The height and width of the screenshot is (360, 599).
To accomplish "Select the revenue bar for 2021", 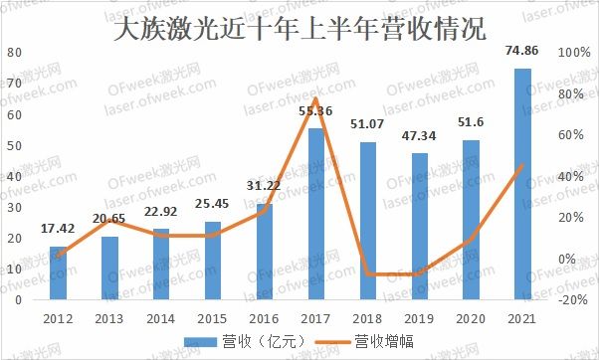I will point(522,183).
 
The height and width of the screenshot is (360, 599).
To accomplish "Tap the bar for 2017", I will point(315,213).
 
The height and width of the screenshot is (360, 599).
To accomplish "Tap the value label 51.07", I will point(368,124).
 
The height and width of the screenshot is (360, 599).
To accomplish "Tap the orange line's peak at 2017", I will point(315,97).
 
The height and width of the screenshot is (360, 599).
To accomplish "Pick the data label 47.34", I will point(419,137).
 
